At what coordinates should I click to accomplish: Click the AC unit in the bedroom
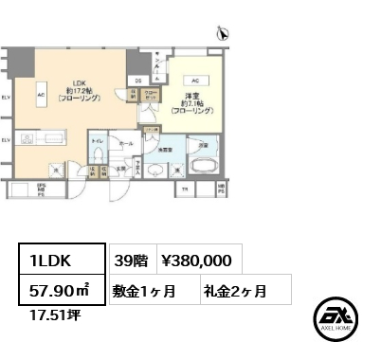tap(193, 81)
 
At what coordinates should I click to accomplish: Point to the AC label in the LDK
tap(41, 95)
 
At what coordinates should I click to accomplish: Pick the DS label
tap(137, 81)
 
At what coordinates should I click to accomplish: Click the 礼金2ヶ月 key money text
tap(232, 288)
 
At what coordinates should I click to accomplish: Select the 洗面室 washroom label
tap(164, 149)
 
